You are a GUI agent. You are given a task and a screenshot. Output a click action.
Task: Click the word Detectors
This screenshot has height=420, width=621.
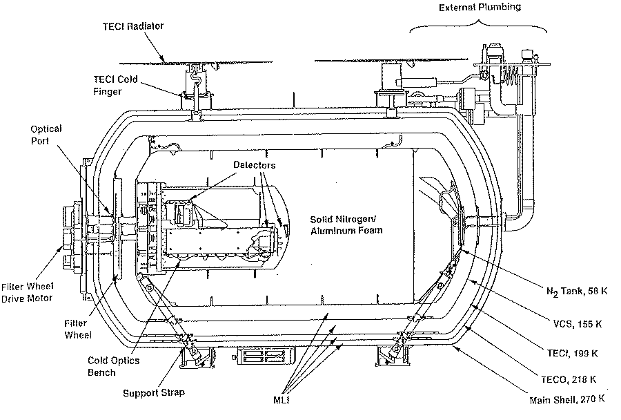[253, 166]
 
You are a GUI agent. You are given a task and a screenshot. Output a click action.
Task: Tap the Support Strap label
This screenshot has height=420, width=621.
[154, 393]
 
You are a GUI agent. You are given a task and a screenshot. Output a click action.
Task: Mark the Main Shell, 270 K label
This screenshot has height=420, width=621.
[567, 399]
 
